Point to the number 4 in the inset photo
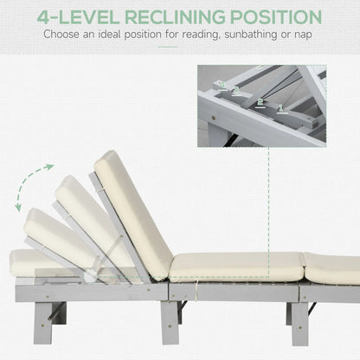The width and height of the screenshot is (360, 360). (220, 84)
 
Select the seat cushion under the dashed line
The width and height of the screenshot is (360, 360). (235, 266)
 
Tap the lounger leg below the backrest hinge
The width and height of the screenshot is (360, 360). (170, 320)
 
